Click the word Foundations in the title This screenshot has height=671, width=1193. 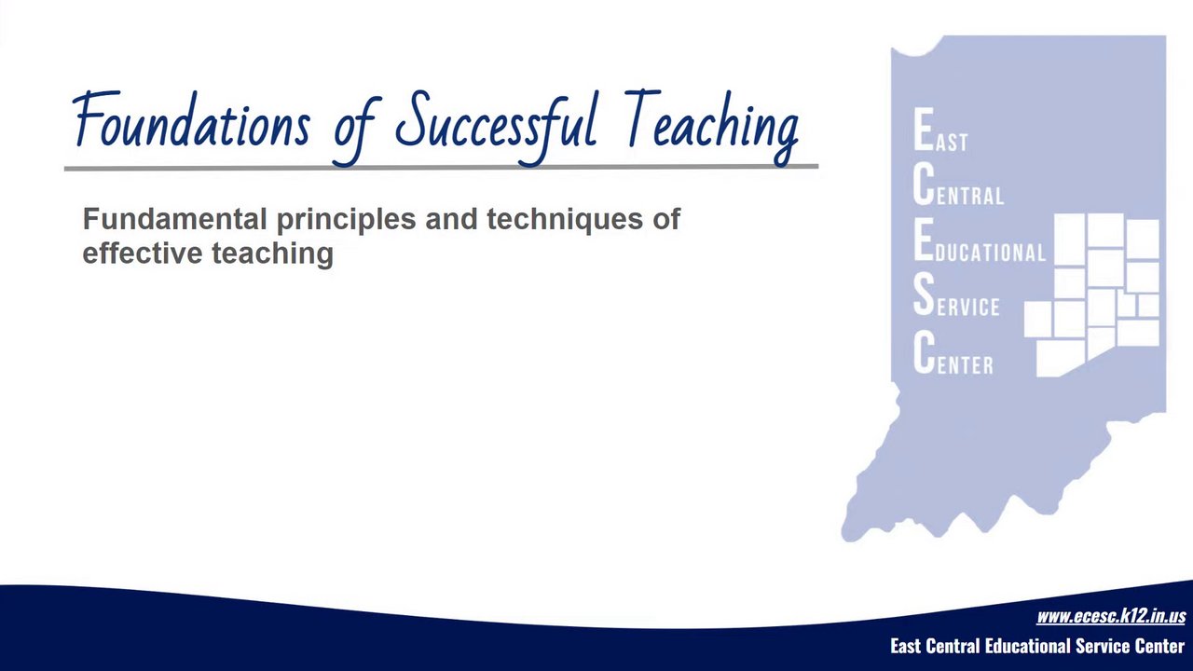click(x=192, y=120)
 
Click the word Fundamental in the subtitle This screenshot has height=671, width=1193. click(x=174, y=219)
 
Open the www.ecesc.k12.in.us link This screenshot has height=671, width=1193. click(x=1111, y=616)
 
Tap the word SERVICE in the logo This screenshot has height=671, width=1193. click(x=956, y=296)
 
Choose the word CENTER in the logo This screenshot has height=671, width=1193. click(x=953, y=353)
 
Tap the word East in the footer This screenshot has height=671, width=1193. click(x=905, y=646)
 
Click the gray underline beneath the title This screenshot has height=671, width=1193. click(x=441, y=168)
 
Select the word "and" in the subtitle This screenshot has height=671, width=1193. click(x=451, y=219)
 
